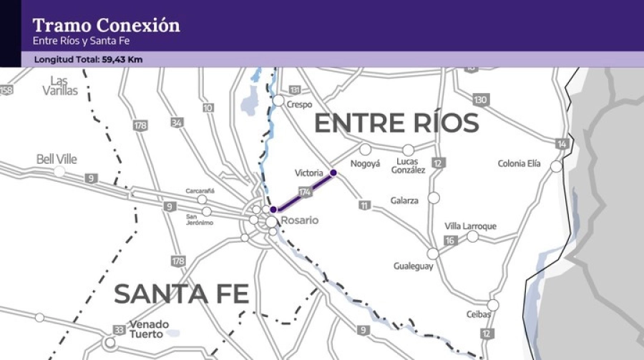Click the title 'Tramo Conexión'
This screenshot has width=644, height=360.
[x=107, y=26]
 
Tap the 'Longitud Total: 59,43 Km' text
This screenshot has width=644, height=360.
[x=88, y=59]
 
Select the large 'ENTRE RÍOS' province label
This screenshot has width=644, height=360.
[x=396, y=124]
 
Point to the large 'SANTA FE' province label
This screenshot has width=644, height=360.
[x=182, y=294]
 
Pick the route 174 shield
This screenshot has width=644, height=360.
[x=305, y=192]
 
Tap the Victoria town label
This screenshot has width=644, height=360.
[x=309, y=173]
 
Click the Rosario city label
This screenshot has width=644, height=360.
[x=300, y=220]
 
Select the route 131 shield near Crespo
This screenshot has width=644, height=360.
[x=295, y=90]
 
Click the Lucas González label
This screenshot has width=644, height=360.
[x=408, y=165]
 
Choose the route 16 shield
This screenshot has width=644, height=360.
[x=450, y=240]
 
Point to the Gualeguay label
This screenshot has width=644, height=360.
[x=413, y=266]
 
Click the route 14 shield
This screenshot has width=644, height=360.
[x=562, y=145]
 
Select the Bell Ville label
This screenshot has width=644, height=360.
[x=57, y=159]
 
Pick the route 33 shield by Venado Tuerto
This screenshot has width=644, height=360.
[x=118, y=329]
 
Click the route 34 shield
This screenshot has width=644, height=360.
[x=177, y=123]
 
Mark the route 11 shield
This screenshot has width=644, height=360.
[x=365, y=205]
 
